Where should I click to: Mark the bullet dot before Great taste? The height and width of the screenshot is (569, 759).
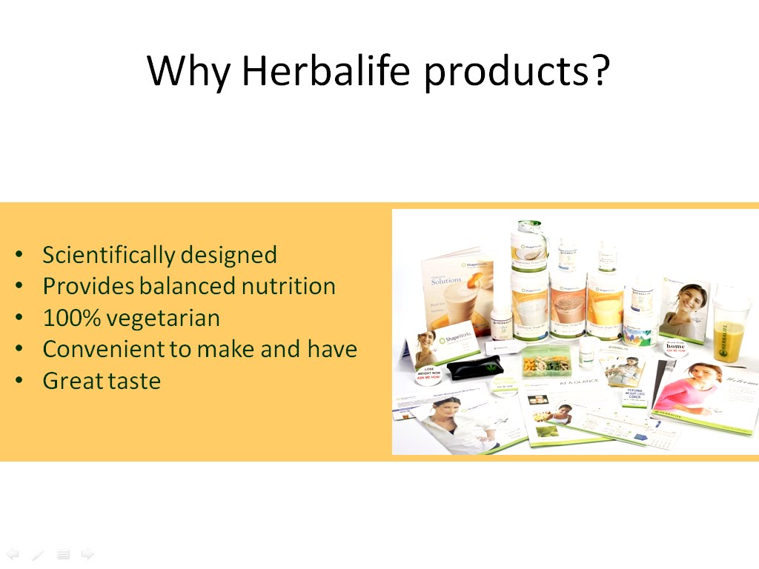click(x=19, y=381)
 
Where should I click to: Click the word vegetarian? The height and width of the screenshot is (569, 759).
click(x=163, y=318)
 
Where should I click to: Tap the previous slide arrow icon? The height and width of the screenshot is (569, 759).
click(x=13, y=553)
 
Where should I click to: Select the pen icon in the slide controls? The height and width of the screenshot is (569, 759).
click(x=38, y=553)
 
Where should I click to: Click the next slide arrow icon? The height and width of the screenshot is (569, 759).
click(x=87, y=553)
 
